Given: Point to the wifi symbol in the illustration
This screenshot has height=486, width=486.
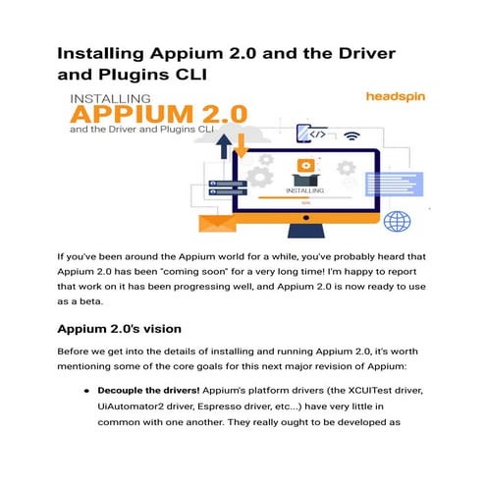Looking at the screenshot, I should click(x=351, y=135).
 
